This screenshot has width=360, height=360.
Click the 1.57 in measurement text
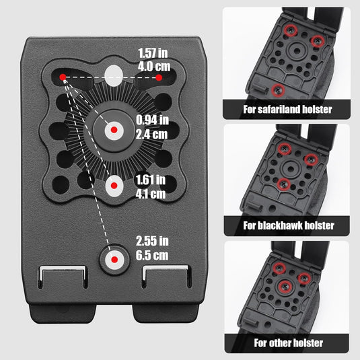(x=153, y=53)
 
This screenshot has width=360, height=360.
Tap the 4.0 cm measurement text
(x=154, y=67)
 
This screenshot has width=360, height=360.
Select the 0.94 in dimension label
(x=152, y=120)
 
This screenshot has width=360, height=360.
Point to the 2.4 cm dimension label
(x=151, y=135)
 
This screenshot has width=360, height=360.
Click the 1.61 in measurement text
(x=150, y=180)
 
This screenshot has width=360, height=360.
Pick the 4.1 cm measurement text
(x=150, y=194)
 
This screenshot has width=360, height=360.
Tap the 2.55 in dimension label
(x=152, y=241)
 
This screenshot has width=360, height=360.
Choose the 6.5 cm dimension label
(x=152, y=255)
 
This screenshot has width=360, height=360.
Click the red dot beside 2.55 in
(x=114, y=260)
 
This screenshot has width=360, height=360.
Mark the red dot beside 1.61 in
(x=114, y=186)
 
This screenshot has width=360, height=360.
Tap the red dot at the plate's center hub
(x=114, y=130)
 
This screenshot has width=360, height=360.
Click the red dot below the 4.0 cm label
(x=159, y=77)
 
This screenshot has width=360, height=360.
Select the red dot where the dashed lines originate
(x=63, y=77)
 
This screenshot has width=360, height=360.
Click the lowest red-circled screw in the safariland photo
(x=278, y=89)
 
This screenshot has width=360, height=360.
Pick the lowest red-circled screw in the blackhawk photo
(x=284, y=184)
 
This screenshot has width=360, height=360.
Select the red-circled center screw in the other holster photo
(x=285, y=287)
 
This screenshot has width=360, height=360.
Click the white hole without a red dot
(x=114, y=76)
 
